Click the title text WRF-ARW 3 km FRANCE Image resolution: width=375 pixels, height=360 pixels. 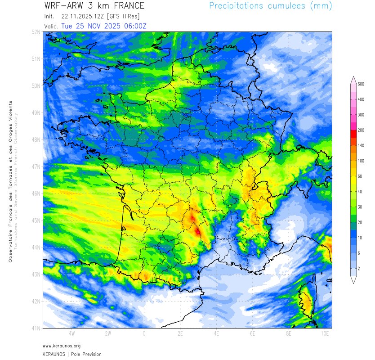94,6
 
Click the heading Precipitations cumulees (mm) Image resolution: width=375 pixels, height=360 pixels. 271,6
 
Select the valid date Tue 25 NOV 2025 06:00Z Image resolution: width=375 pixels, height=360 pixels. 103,26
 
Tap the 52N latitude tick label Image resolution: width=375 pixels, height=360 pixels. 36,32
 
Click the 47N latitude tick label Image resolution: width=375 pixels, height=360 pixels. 36,166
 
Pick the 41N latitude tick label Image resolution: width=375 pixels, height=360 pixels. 36,328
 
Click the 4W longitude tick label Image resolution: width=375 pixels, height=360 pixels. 71,334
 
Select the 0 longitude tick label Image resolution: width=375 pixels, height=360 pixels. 144,334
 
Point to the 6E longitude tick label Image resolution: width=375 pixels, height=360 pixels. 253,334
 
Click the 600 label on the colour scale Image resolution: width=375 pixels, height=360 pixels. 361,84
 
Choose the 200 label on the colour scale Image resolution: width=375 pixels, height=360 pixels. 361,130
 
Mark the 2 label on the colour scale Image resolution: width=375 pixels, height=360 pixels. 359,268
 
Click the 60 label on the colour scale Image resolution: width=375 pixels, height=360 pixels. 360,176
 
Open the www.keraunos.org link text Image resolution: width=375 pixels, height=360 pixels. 62,346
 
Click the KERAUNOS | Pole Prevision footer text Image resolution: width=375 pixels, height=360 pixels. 72,354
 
